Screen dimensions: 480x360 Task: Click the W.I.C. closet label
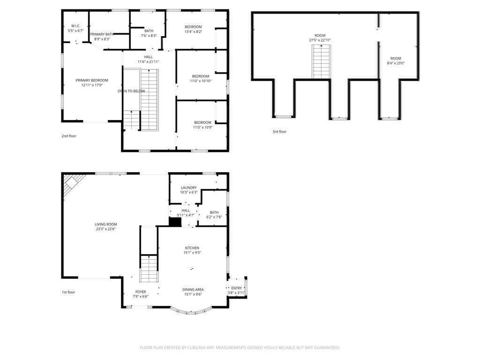75,26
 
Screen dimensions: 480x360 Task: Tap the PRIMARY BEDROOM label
92,81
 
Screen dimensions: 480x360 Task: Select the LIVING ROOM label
105,225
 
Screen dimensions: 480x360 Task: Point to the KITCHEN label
192,248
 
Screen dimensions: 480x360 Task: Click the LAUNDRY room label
188,187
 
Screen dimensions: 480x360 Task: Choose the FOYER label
141,292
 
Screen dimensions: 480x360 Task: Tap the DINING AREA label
193,290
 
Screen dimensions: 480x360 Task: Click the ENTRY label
236,288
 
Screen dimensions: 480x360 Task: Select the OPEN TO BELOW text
131,91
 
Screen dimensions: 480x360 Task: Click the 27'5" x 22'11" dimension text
320,40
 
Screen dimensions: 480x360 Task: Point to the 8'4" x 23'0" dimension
396,63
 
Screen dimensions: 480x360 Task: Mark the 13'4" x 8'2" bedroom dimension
193,31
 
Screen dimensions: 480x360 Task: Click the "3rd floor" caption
279,132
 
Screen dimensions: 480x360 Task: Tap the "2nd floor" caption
69,136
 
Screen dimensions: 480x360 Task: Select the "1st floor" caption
68,292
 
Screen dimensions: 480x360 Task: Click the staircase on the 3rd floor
321,62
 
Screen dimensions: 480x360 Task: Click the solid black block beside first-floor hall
175,222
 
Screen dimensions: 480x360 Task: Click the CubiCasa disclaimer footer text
240,348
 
